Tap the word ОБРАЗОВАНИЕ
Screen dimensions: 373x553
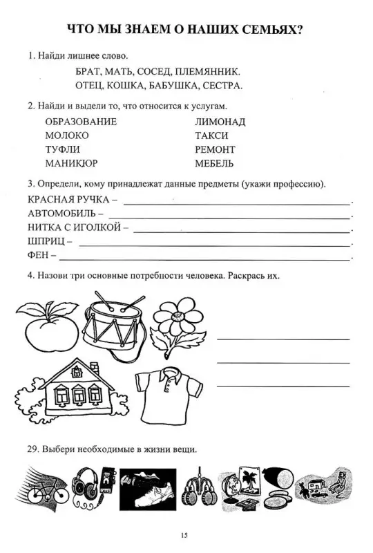pyautogui.click(x=81, y=122)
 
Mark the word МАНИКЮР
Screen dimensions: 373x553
pyautogui.click(x=71, y=164)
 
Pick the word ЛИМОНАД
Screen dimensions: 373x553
pyautogui.click(x=220, y=122)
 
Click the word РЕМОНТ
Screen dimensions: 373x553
pyautogui.click(x=215, y=149)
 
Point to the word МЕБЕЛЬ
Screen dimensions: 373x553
pyautogui.click(x=214, y=164)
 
